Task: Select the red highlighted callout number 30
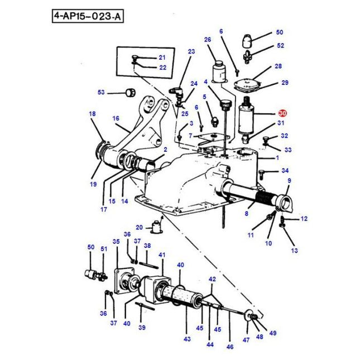[282, 113]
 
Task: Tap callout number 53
[101, 93]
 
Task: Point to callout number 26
[208, 40]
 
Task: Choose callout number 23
[191, 52]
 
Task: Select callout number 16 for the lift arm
[116, 118]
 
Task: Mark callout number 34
[285, 171]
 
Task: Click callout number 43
[187, 339]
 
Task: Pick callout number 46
[229, 347]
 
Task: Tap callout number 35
[116, 242]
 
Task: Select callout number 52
[281, 46]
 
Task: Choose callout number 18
[93, 114]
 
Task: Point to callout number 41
[162, 255]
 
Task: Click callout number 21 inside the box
[162, 57]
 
